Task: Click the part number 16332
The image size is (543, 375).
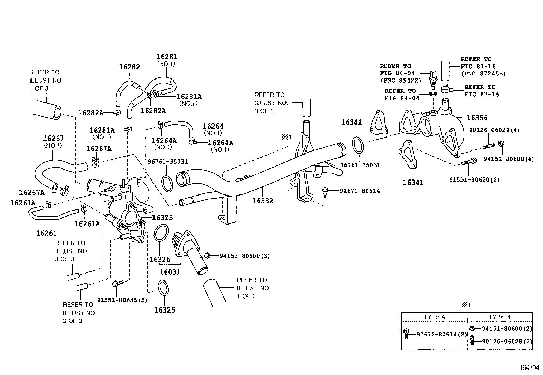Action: click(x=263, y=201)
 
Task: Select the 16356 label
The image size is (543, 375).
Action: click(x=477, y=118)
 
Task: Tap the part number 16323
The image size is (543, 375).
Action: click(x=162, y=217)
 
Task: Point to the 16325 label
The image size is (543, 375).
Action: click(x=164, y=310)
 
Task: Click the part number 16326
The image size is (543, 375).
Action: click(x=159, y=259)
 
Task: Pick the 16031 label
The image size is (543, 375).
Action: click(x=170, y=272)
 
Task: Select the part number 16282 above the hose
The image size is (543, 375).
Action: click(x=129, y=67)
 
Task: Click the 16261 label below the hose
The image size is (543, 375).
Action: click(x=46, y=233)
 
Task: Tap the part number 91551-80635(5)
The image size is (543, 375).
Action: click(x=122, y=300)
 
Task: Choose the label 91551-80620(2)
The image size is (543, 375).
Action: click(x=474, y=179)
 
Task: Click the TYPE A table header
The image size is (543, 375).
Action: click(x=434, y=317)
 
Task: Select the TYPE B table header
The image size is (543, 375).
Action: click(x=499, y=317)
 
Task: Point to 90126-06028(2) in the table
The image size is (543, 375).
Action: click(x=507, y=341)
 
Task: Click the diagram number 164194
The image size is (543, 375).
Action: click(x=529, y=368)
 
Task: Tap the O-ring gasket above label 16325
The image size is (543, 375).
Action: click(x=163, y=287)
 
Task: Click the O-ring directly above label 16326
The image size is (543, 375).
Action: click(x=161, y=233)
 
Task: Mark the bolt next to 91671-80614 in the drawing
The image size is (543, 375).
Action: click(x=325, y=192)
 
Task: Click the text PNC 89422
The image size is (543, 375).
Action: click(x=401, y=81)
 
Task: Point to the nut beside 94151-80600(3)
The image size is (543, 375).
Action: click(x=207, y=255)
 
